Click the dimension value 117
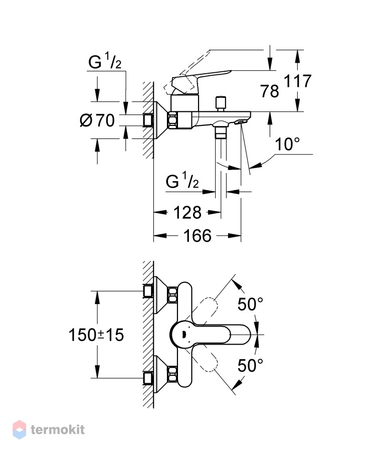tap(298, 81)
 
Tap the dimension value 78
tap(270, 91)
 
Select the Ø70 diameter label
tap(97, 120)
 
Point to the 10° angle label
tap(287, 144)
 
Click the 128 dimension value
tap(187, 213)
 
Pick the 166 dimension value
tap(198, 235)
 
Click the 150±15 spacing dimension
tap(96, 335)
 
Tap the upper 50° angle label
tap(250, 304)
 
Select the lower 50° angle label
tap(250, 365)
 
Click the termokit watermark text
tap(58, 430)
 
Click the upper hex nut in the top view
tap(172, 295)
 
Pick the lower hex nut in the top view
tap(172, 374)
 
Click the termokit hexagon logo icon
tap(20, 429)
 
